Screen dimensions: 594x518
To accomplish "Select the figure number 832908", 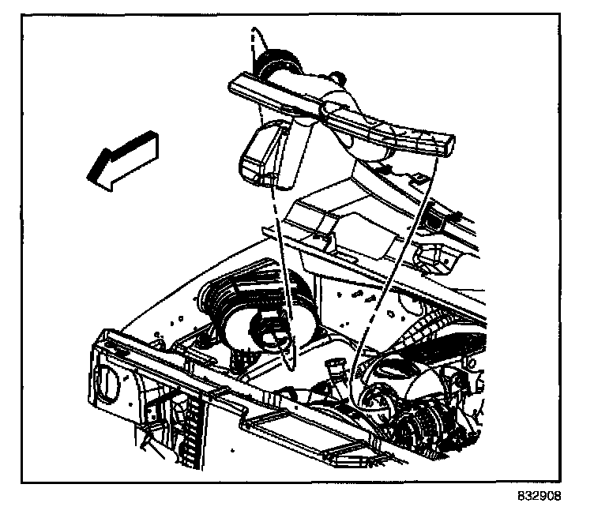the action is tap(539, 496).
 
